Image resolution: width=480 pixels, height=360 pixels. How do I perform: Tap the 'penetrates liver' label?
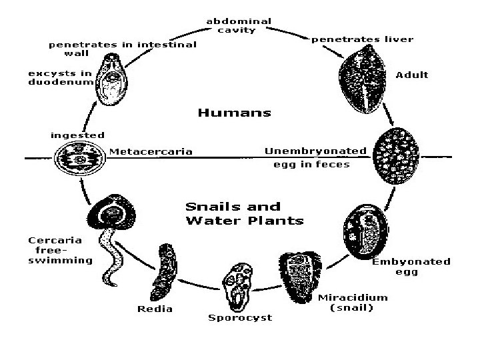click(x=363, y=39)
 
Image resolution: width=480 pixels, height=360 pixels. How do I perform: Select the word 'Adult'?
click(x=412, y=75)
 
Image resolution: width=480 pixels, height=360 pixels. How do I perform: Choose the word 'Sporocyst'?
click(x=241, y=318)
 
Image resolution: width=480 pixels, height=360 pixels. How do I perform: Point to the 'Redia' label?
click(x=155, y=309)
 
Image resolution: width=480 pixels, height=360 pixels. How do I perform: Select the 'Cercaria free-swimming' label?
click(x=60, y=250)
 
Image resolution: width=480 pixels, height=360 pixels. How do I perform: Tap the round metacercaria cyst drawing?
click(x=79, y=160)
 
